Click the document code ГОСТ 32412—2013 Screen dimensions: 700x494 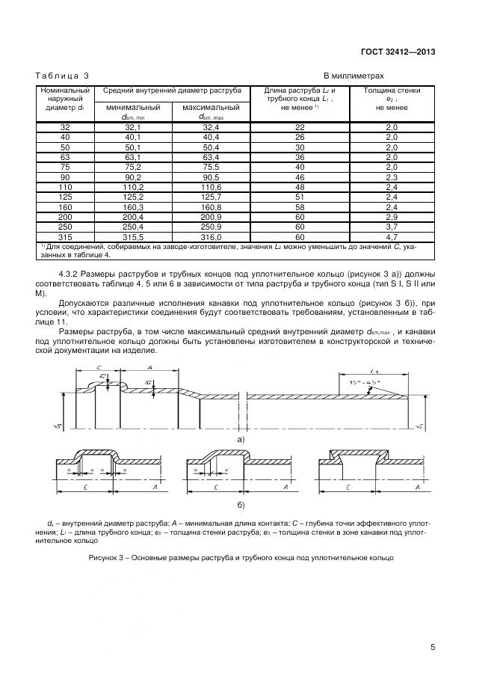coord(396,52)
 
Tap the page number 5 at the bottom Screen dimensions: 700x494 coord(433,648)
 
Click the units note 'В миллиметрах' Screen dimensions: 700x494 coord(353,76)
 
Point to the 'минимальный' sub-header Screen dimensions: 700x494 coord(133,107)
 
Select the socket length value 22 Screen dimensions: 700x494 coord(300,128)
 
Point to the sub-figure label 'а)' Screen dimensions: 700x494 coord(241,440)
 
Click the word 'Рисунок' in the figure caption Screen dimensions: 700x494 coord(104,558)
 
